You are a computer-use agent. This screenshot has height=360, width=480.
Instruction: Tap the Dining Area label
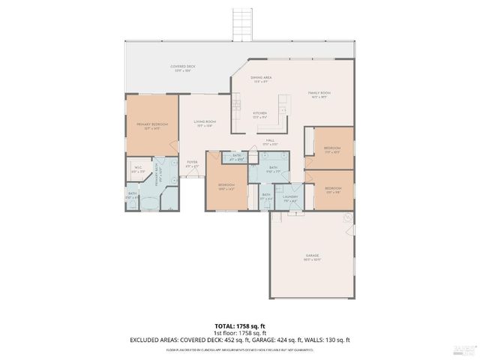[261, 79]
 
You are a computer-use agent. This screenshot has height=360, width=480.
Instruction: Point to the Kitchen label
[259, 115]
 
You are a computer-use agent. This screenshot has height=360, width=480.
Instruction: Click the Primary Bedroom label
[151, 125]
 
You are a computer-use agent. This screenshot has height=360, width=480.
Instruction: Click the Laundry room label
[291, 198]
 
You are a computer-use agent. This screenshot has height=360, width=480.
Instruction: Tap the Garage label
[312, 257]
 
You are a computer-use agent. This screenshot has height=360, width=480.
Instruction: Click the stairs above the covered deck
[241, 22]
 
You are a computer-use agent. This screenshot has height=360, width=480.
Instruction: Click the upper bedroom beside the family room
[332, 150]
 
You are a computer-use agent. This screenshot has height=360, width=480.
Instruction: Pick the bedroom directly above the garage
[333, 190]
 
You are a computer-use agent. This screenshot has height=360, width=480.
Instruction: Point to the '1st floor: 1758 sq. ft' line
[239, 334]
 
